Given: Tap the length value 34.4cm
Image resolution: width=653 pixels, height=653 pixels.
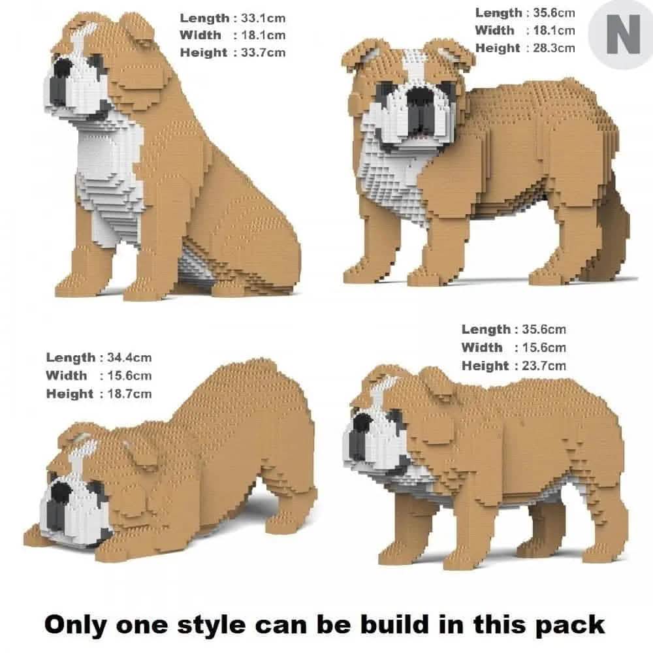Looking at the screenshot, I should click(x=126, y=357).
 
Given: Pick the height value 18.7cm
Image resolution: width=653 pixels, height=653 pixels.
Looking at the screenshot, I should click(x=126, y=393).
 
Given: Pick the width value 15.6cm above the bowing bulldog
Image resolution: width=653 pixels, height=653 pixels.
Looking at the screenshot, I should click(x=126, y=375).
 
